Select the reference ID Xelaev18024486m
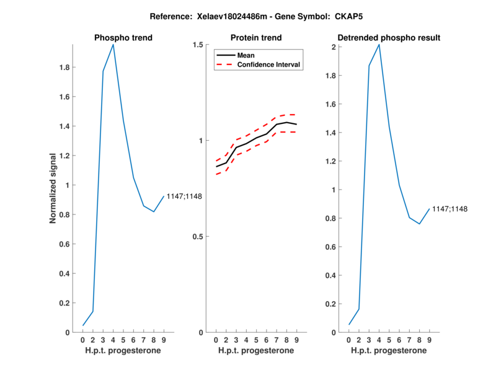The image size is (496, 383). [x=224, y=15]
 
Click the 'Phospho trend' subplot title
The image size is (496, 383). [x=123, y=38]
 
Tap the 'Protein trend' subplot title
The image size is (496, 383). [x=256, y=38]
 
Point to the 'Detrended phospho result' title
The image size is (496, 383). [x=389, y=38]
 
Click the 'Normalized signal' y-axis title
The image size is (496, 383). [x=54, y=188]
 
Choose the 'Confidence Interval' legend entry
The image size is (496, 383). [x=269, y=64]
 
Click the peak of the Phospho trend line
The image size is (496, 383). [x=113, y=45]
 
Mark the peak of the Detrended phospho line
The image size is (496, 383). [x=379, y=45]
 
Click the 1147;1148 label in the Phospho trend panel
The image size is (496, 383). [x=185, y=197]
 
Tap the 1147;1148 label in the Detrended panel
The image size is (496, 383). [x=449, y=209]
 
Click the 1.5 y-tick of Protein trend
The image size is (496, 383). [x=198, y=45]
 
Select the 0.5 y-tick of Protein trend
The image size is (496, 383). [x=198, y=237]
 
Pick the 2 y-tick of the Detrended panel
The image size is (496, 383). [x=333, y=48]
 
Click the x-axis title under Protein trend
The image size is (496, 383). [x=256, y=350]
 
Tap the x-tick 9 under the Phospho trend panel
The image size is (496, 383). [x=164, y=340]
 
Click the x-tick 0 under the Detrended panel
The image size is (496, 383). [x=349, y=340]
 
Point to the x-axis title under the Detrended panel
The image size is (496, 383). [x=389, y=350]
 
